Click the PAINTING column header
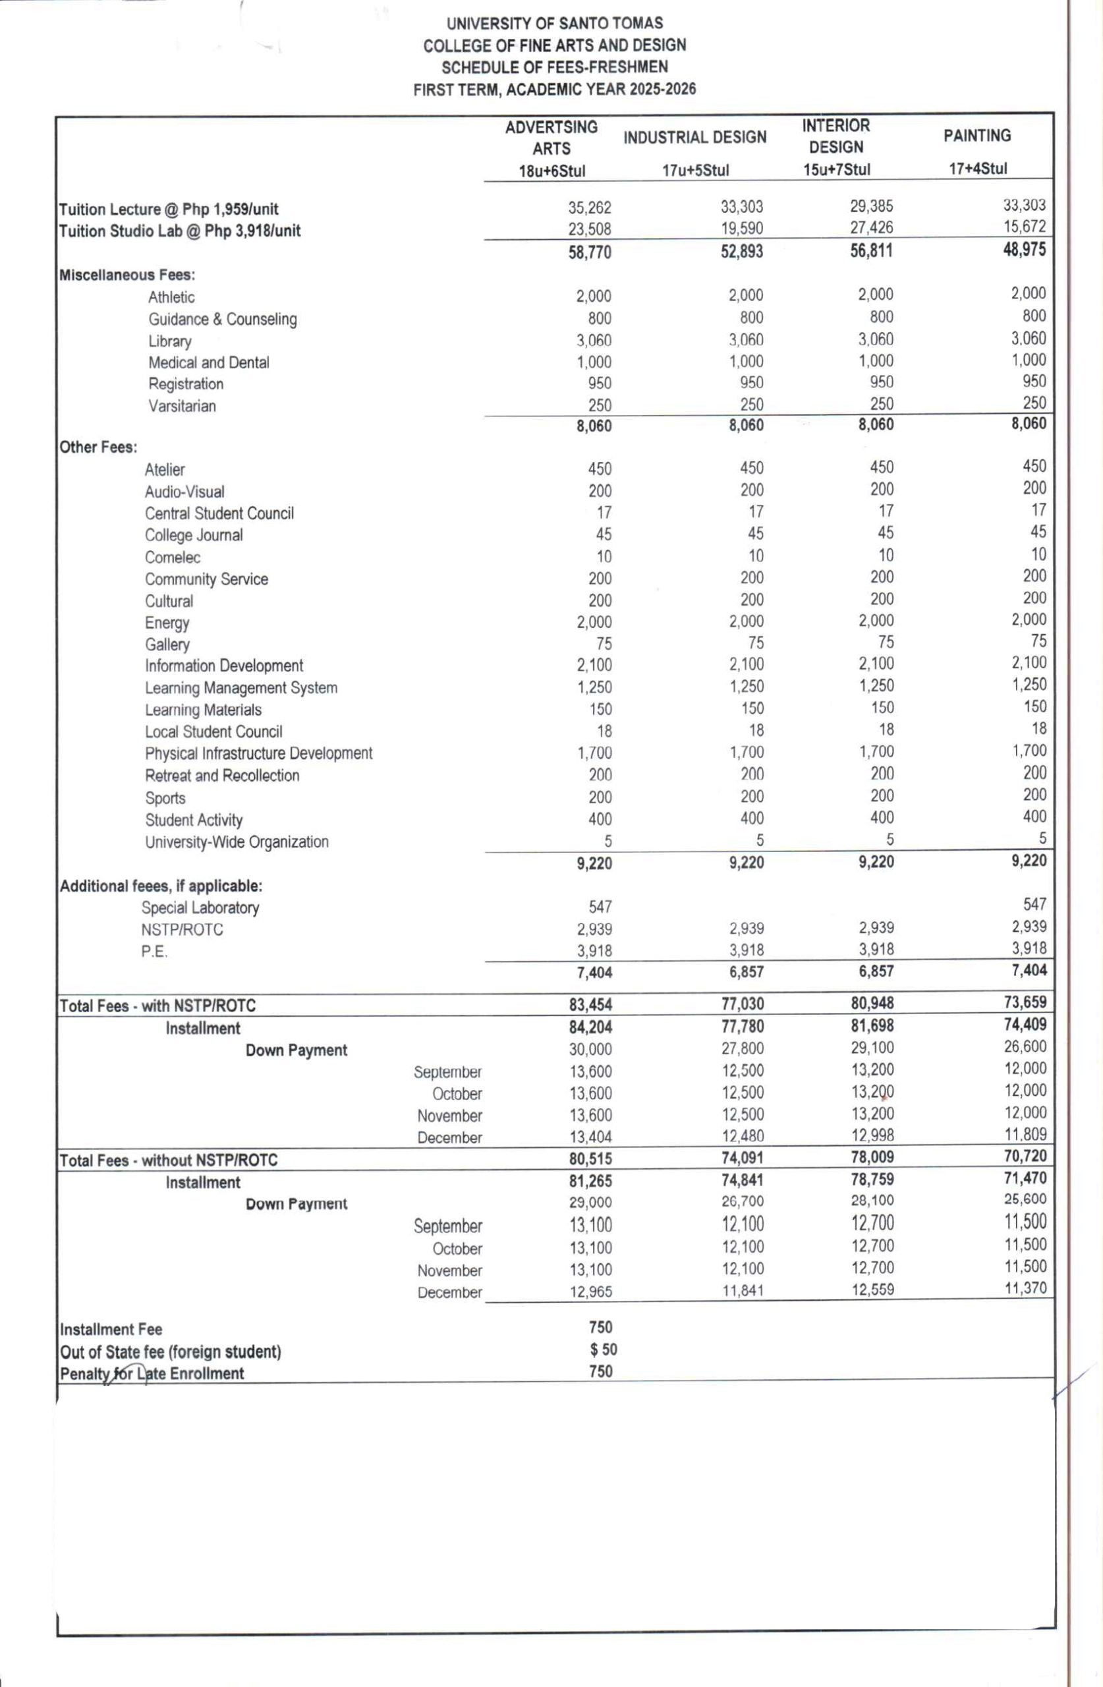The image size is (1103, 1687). (x=977, y=135)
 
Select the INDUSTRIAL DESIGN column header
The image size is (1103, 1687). (x=694, y=138)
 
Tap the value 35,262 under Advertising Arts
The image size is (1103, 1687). (x=589, y=208)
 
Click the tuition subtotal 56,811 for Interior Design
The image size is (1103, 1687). (x=871, y=250)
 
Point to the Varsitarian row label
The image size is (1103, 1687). (x=181, y=406)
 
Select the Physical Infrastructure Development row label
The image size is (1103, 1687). (x=258, y=753)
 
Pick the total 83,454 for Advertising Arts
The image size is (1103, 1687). (x=590, y=1004)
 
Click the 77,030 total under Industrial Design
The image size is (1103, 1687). (x=742, y=1004)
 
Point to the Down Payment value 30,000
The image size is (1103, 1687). (x=590, y=1049)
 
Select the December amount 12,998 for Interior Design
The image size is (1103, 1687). (x=872, y=1135)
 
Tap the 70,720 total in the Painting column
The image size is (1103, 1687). (x=1025, y=1156)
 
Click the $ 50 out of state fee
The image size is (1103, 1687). (x=604, y=1350)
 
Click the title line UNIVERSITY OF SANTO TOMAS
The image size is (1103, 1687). (x=554, y=23)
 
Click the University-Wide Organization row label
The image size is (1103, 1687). (x=237, y=842)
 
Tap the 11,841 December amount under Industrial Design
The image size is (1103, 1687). (x=742, y=1291)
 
